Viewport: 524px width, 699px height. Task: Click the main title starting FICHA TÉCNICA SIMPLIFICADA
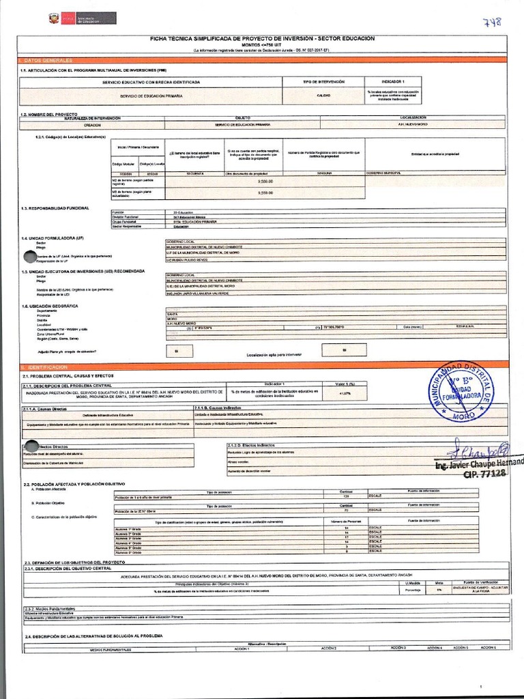pos(263,39)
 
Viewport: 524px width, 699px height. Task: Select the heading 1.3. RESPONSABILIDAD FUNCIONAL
pos(55,208)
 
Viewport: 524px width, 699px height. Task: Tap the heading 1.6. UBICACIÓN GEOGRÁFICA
pos(50,306)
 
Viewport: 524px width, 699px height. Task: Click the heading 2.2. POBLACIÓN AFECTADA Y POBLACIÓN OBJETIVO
pos(74,484)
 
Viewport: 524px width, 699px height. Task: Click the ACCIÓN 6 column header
pos(488,647)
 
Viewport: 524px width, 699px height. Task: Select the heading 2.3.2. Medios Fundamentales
pos(49,608)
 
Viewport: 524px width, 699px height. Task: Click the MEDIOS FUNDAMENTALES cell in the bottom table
pos(110,650)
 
